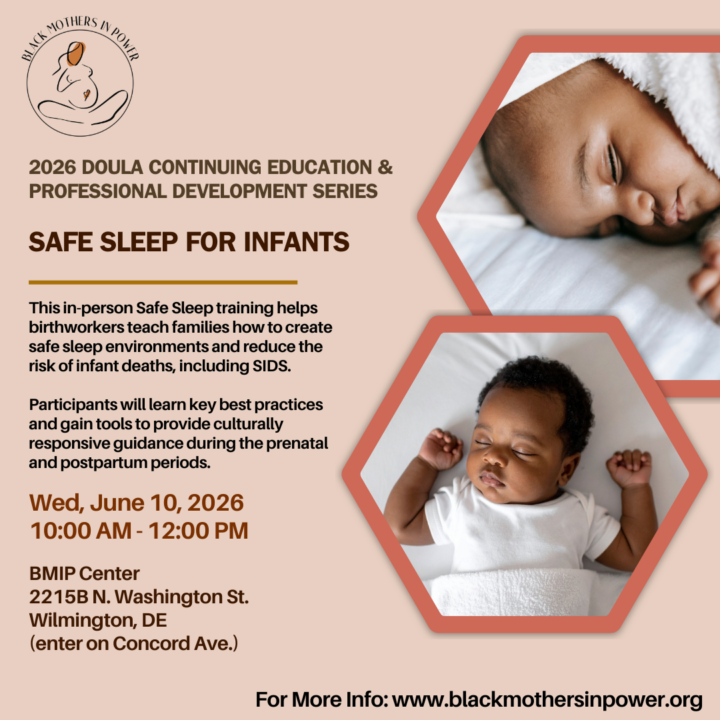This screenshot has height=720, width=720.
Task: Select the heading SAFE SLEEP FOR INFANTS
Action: pos(189,241)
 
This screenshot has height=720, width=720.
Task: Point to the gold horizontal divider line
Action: pos(163,283)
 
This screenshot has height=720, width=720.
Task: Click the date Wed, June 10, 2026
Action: pos(136,502)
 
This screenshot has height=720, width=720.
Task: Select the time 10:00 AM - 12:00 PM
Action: pos(139,531)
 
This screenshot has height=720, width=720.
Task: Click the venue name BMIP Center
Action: pos(85,573)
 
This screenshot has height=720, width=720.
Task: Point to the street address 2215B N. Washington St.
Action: pos(139,597)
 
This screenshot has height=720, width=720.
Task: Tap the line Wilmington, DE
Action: pos(97,620)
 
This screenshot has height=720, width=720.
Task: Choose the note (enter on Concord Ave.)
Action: pos(133,644)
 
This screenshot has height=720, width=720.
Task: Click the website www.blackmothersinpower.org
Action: pos(547,700)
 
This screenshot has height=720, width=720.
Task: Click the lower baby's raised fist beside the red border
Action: pos(629,467)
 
